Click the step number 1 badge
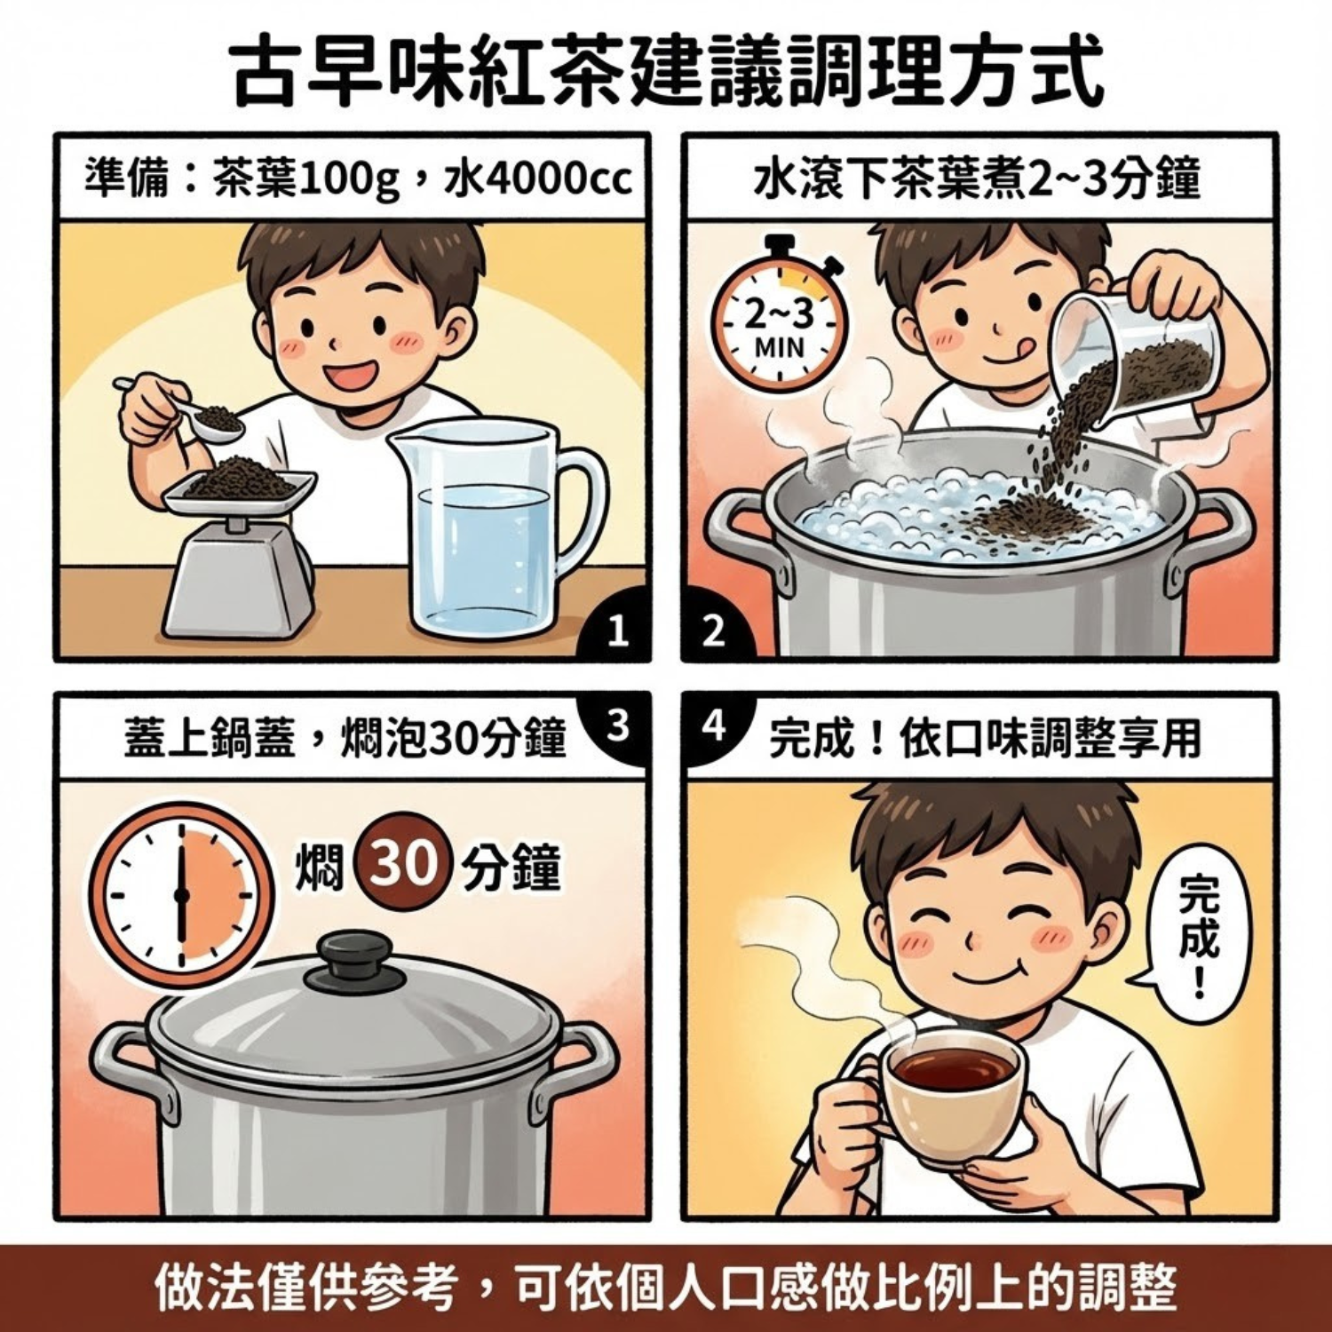pos(618,631)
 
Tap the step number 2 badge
pos(713,631)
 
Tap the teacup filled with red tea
pos(950,1092)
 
